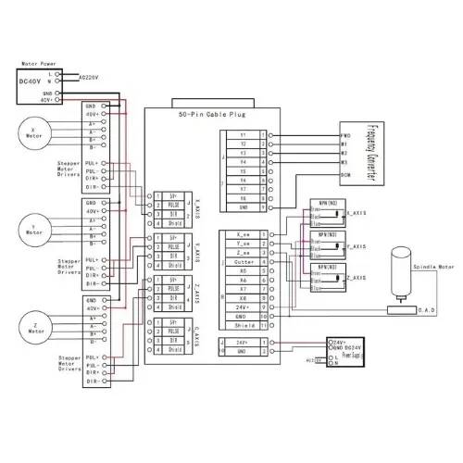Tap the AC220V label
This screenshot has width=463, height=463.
click(x=92, y=78)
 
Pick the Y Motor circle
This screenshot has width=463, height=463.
click(x=33, y=228)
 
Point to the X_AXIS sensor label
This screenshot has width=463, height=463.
click(x=357, y=214)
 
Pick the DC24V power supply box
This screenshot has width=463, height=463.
click(x=340, y=349)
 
